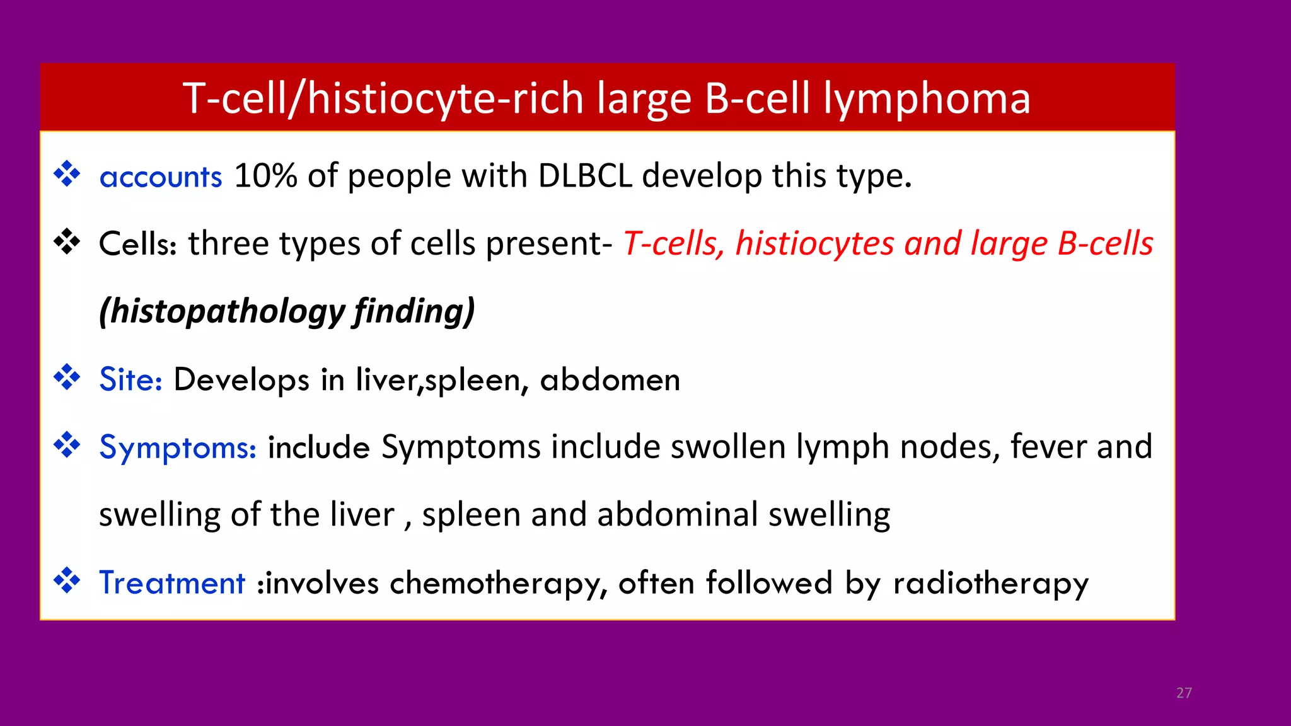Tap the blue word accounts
pos(161,176)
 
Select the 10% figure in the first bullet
pos(265,176)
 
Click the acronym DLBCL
pos(584,176)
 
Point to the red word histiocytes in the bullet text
pos(814,245)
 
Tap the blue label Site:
pos(130,380)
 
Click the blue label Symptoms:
pos(178,447)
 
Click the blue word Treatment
pos(171,583)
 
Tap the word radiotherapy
pos(990,584)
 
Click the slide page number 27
pos(1184,693)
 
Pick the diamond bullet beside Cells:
pos(67,242)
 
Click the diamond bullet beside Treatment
pos(67,580)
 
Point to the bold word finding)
pos(414,311)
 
